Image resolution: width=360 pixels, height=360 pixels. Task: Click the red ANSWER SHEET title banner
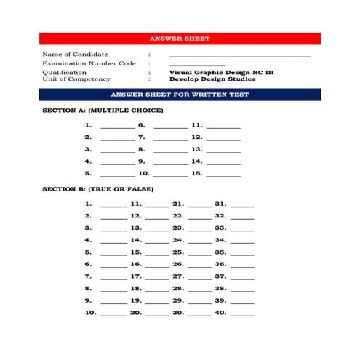pos(180,39)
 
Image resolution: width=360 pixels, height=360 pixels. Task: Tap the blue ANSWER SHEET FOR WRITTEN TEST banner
pos(180,95)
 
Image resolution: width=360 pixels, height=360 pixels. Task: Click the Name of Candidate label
pos(75,55)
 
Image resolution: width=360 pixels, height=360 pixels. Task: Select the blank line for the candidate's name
pos(239,55)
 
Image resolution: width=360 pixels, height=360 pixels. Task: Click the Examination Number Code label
pos(89,63)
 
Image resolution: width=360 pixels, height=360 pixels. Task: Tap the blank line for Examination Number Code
pos(197,65)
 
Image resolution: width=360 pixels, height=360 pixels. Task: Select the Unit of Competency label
pos(76,79)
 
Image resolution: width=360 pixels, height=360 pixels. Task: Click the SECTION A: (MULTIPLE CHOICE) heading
pos(103,111)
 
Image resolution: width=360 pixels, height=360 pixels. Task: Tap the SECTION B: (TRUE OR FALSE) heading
pos(97,189)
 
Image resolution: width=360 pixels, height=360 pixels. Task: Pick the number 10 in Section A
pos(143,174)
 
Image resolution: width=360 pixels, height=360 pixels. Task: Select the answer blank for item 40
pos(242,314)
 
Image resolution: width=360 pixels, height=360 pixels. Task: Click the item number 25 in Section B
pos(178,252)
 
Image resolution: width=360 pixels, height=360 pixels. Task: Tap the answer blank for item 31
pos(242,206)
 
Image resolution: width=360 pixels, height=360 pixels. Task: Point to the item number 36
pos(220,265)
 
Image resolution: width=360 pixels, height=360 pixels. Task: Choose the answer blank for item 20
pos(157,314)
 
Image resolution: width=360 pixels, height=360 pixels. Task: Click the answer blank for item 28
pos(199,290)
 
